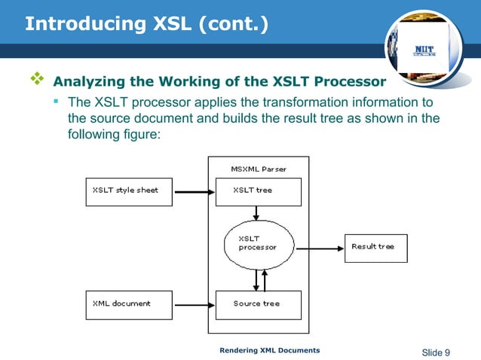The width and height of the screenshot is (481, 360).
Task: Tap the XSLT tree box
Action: point(258,191)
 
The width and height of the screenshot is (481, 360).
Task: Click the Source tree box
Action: point(258,304)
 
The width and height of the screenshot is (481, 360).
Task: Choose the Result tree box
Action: point(376,248)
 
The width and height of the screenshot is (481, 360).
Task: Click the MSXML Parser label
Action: point(258,169)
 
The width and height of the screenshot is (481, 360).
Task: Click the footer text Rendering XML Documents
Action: point(269,350)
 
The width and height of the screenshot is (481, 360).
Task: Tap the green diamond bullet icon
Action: point(35,78)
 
